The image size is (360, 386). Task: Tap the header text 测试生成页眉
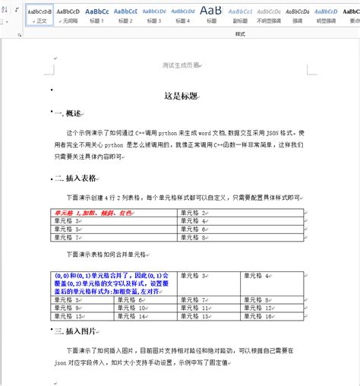(x=180, y=65)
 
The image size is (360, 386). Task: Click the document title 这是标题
(x=180, y=96)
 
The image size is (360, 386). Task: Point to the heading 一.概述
(x=68, y=113)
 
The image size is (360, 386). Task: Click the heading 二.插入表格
(x=75, y=178)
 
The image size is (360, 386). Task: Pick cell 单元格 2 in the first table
(x=194, y=214)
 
